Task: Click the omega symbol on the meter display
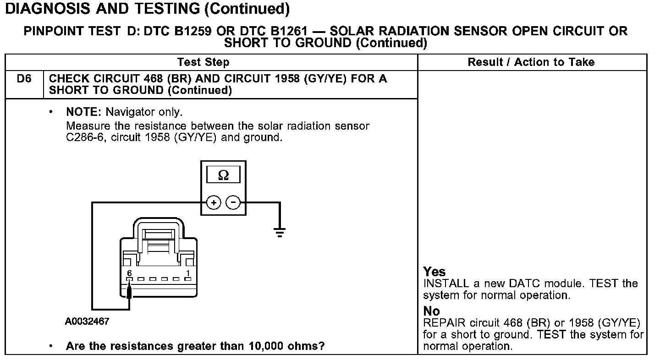(x=224, y=175)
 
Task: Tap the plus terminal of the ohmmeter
(x=214, y=202)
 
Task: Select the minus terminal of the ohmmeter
(x=234, y=202)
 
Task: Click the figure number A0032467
(x=87, y=322)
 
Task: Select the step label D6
(x=24, y=79)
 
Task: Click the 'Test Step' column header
(x=203, y=62)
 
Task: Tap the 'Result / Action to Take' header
(x=531, y=62)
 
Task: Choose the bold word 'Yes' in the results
(x=434, y=272)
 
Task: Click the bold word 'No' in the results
(x=431, y=311)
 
